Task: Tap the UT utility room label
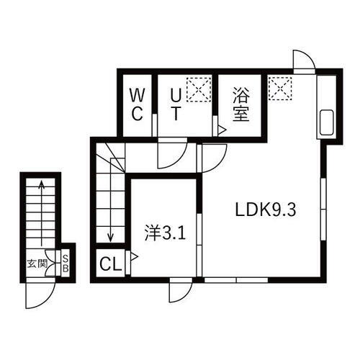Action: (176, 104)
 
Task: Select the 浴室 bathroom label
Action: (240, 104)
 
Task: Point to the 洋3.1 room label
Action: (163, 233)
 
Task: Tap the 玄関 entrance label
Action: (37, 263)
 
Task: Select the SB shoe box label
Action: (65, 263)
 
